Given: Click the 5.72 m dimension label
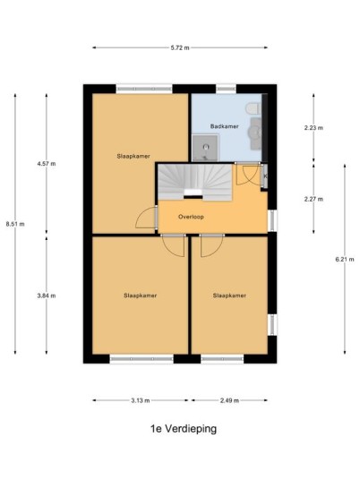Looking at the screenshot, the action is [x=180, y=47].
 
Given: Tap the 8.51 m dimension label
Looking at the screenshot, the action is [x=15, y=224].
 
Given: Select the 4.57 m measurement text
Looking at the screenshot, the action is [x=47, y=164].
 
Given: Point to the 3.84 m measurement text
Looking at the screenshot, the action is [x=47, y=296].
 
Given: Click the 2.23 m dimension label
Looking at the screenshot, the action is [x=313, y=128].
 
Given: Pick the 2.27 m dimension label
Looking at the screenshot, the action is [x=313, y=200].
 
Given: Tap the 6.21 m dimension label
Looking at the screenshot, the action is [x=345, y=260].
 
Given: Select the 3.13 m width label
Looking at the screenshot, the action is [x=141, y=400].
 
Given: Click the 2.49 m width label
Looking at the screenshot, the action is [x=229, y=400].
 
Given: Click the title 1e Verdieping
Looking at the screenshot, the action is [x=184, y=429].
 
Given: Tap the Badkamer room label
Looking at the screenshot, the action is [x=225, y=126].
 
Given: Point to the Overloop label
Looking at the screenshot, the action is [x=191, y=217].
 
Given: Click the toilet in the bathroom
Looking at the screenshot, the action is [x=253, y=108].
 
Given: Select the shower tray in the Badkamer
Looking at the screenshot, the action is [x=205, y=148].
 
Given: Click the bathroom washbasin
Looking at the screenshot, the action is [x=255, y=133].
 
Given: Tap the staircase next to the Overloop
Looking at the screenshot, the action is [x=195, y=183].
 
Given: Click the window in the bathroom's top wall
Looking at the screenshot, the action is [x=227, y=89].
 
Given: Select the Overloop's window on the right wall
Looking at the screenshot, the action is [x=272, y=220].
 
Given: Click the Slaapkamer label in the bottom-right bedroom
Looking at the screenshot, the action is [x=229, y=296].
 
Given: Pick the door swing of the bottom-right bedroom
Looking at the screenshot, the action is [x=212, y=245].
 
